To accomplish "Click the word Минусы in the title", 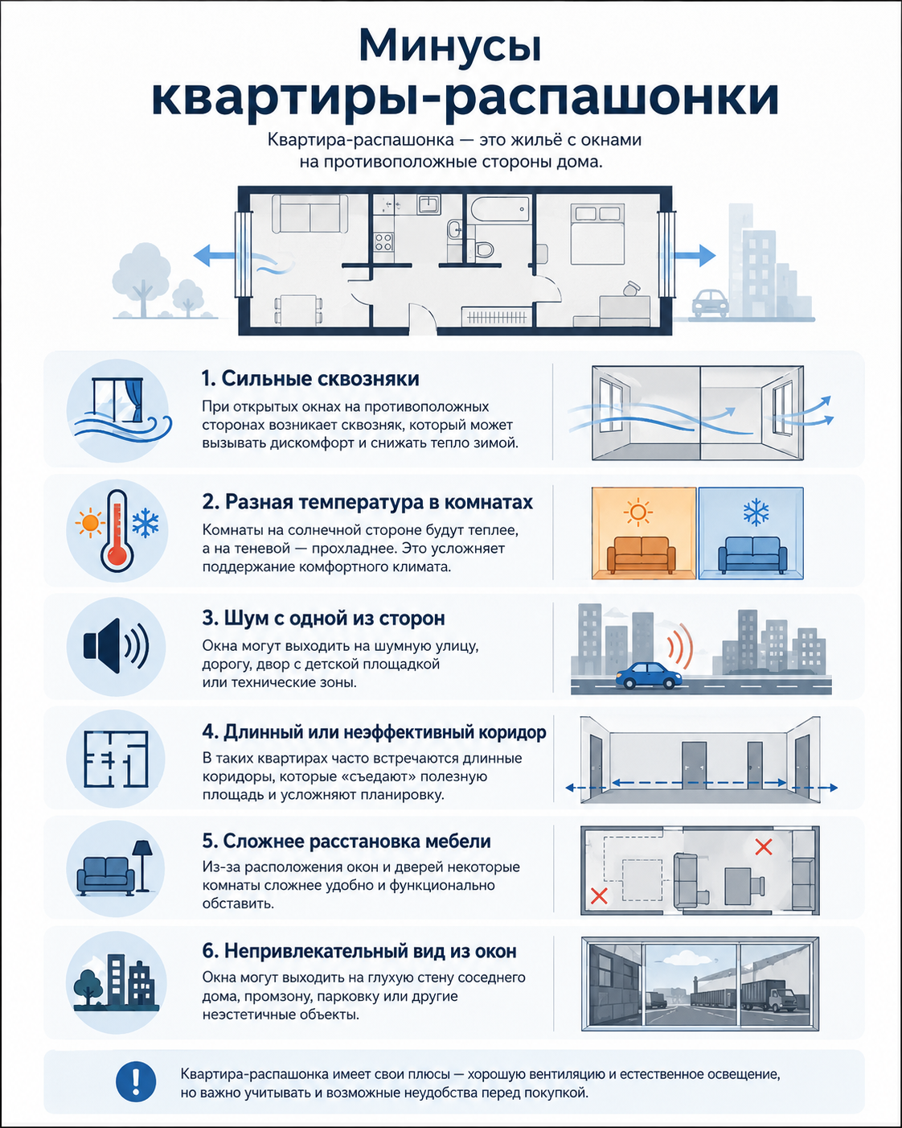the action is click(x=449, y=46).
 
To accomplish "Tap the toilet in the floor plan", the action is click(x=484, y=248).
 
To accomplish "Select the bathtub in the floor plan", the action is click(x=498, y=210).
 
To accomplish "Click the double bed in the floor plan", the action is click(x=597, y=234).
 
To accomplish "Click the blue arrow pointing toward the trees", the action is click(x=215, y=255).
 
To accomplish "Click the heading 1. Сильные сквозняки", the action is click(x=310, y=378).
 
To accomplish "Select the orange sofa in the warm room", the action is click(x=642, y=554).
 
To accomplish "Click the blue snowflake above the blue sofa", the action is click(x=756, y=513).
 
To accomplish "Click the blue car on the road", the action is click(x=649, y=674).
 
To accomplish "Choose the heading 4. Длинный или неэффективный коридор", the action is click(x=374, y=731).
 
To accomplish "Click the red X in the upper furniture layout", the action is click(x=763, y=846).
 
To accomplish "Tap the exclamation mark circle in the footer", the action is click(x=136, y=1081).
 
